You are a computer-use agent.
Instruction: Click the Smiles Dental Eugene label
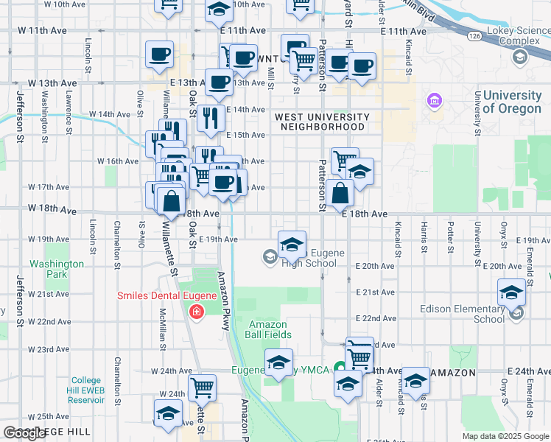pyautogui.click(x=166, y=296)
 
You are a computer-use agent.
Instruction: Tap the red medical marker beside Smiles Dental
pyautogui.click(x=196, y=312)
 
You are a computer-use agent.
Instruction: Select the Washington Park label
pyautogui.click(x=57, y=269)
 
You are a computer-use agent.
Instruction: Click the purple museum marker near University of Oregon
pyautogui.click(x=434, y=100)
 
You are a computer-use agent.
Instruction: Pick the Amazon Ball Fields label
pyautogui.click(x=270, y=329)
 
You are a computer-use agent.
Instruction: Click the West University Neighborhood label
pyautogui.click(x=321, y=122)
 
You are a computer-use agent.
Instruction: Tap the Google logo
pyautogui.click(x=24, y=433)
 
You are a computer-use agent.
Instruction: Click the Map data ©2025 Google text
pyautogui.click(x=505, y=436)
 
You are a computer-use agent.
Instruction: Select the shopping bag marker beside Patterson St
pyautogui.click(x=341, y=194)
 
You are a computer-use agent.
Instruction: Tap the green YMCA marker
pyautogui.click(x=340, y=368)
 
